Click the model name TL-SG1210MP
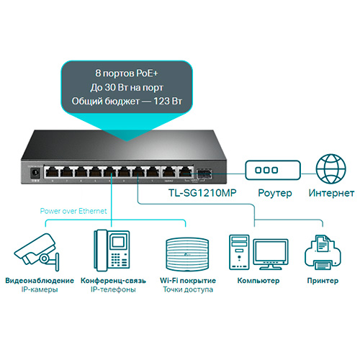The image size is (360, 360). (202, 193)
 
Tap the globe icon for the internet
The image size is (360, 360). (331, 169)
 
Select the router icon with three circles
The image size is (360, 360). (273, 170)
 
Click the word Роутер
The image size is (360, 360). (275, 194)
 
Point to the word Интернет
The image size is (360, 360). (331, 193)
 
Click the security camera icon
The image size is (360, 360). (37, 252)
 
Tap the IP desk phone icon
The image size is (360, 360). (112, 251)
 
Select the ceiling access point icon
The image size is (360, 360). (187, 255)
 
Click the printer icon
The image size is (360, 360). (323, 253)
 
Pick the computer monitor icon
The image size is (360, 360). (271, 254)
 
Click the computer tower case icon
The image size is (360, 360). (239, 252)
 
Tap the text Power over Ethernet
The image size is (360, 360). (73, 211)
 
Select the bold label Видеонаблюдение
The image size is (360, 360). (40, 281)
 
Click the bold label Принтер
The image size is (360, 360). (323, 281)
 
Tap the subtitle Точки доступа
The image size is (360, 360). (188, 289)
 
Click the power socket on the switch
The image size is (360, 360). (35, 172)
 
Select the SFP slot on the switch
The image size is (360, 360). (204, 174)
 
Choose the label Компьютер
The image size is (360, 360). (258, 281)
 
